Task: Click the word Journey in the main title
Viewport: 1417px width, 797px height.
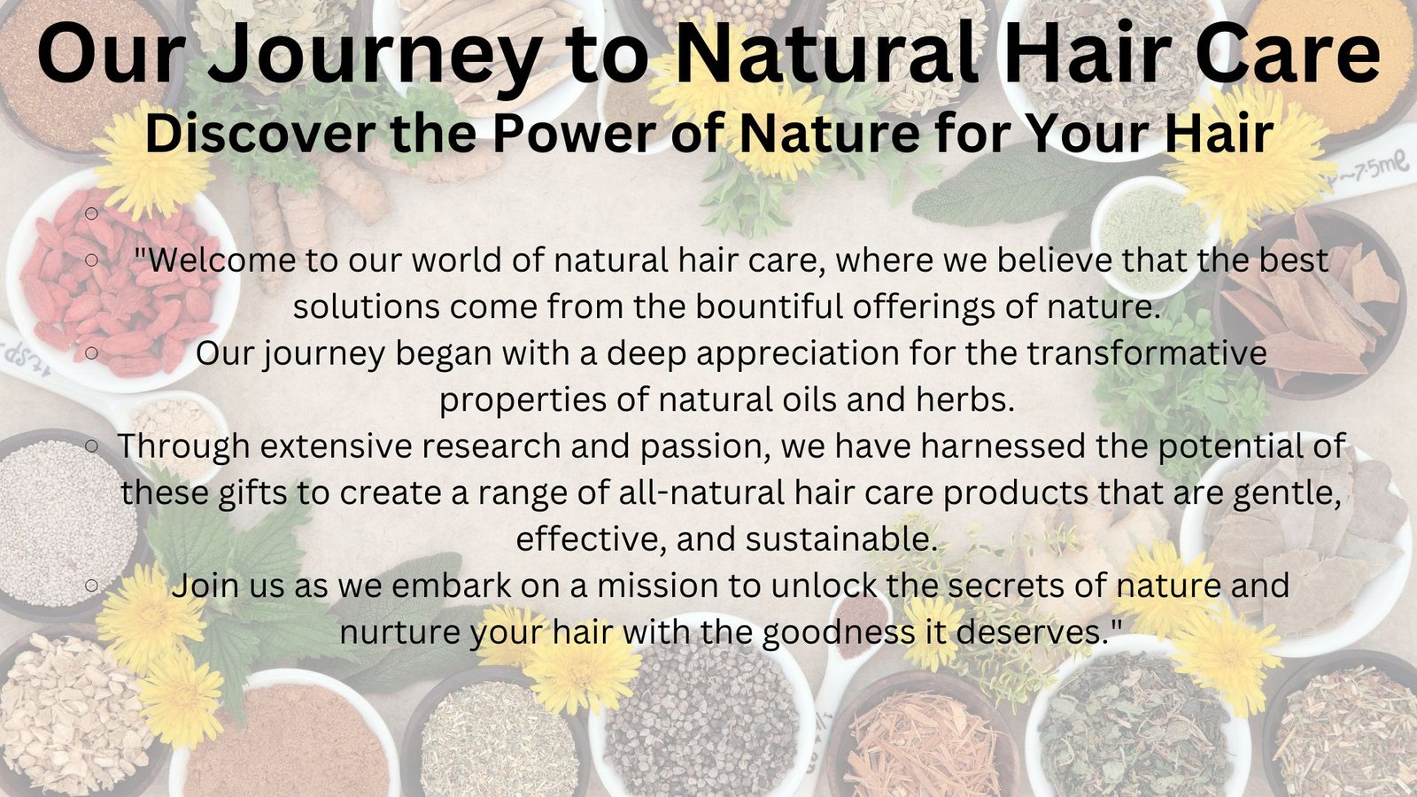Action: tap(374, 54)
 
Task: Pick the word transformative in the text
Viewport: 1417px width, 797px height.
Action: tap(1146, 353)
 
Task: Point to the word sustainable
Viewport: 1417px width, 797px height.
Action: tap(840, 539)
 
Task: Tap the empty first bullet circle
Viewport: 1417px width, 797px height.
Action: tap(92, 213)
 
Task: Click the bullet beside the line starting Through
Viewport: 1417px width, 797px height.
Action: tap(92, 446)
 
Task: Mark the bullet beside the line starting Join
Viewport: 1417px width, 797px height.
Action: tap(92, 585)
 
